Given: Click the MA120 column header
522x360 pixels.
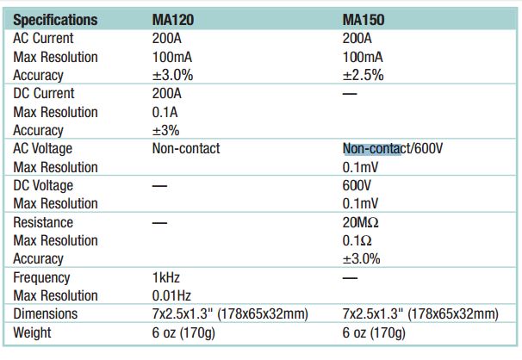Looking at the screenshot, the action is [173, 20].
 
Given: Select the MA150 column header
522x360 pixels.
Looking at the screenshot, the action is [364, 20].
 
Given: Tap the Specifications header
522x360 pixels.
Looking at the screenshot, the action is [55, 20].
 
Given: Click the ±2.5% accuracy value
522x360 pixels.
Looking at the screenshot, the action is [363, 75].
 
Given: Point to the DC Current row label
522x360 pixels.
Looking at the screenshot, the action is [44, 93].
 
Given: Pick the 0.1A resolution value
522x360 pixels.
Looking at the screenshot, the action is [165, 112].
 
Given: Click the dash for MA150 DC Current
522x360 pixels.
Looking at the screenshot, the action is [350, 94].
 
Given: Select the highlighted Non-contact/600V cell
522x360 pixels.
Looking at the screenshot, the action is [393, 148].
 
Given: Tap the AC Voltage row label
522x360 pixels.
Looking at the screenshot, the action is [42, 148].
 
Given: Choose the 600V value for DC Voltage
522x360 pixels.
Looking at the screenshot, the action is [357, 185].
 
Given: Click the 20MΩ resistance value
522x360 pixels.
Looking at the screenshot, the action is [361, 222].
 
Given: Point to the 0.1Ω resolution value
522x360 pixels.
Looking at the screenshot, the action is [357, 240].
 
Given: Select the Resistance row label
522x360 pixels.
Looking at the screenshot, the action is [43, 222].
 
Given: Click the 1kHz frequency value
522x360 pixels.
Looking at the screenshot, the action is [165, 277].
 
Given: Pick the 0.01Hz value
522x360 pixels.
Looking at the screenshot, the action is [171, 295].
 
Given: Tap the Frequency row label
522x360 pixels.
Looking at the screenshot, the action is [41, 278].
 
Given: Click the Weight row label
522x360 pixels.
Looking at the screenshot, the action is [32, 332].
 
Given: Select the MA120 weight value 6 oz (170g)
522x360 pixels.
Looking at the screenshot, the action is [183, 332].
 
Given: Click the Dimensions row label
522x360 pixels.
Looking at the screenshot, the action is [46, 313].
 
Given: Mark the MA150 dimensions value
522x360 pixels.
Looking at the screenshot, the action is [420, 313].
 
